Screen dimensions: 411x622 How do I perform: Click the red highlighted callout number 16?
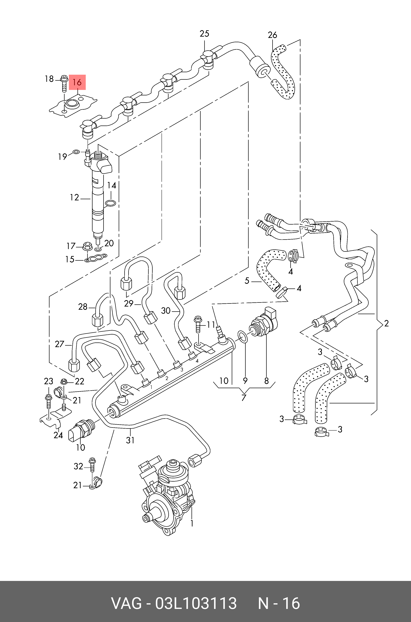pyautogui.click(x=77, y=82)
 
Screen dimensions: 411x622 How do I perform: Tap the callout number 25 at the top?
pyautogui.click(x=204, y=34)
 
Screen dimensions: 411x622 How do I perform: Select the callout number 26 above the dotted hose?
pyautogui.click(x=273, y=35)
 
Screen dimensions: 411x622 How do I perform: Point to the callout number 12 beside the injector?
pyautogui.click(x=74, y=197)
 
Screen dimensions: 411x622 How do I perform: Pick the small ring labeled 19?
pyautogui.click(x=76, y=152)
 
